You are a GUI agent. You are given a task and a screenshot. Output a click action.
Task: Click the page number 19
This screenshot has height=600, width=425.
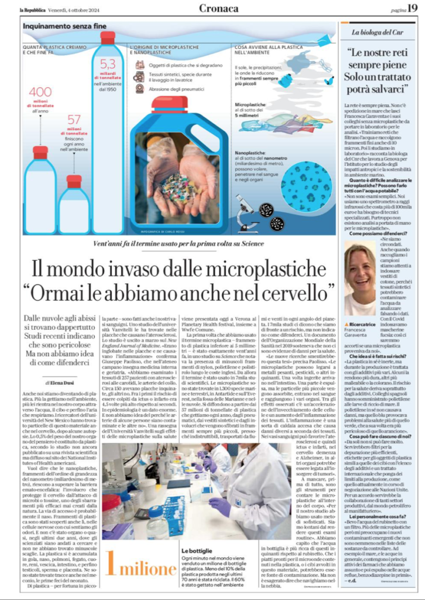pyautogui.click(x=412, y=8)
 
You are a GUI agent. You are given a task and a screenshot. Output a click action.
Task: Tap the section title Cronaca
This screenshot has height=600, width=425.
pyautogui.click(x=219, y=8)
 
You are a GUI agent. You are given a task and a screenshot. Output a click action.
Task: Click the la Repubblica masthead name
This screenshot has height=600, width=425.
pyautogui.click(x=32, y=8)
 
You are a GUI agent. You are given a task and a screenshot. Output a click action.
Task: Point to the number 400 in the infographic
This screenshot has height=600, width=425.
pyautogui.click(x=40, y=92)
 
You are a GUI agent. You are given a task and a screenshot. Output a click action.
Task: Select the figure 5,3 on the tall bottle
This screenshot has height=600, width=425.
pyautogui.click(x=108, y=63)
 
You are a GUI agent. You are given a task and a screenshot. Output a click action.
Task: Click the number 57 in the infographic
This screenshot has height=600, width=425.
pyautogui.click(x=74, y=120)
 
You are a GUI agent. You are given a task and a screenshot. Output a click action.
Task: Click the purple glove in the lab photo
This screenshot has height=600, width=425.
pyautogui.click(x=220, y=505)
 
